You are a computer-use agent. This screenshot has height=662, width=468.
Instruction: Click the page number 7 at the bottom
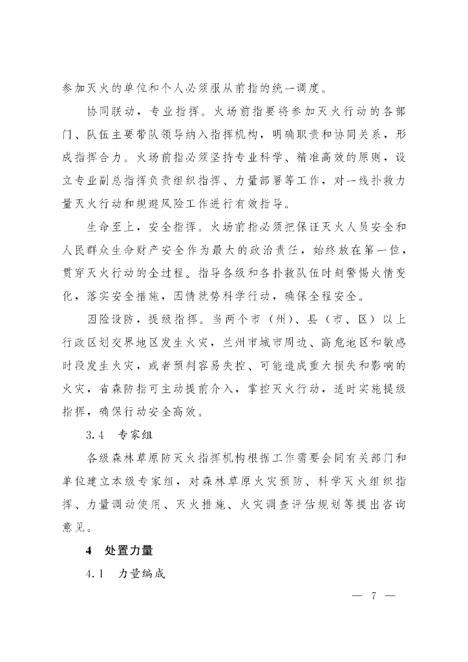click(374, 596)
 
